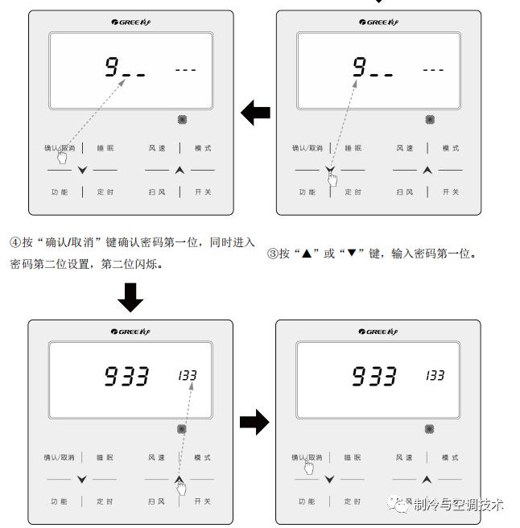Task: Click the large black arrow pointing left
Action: [x=255, y=114]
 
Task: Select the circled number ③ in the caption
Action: [x=272, y=254]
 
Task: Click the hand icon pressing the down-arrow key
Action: [x=332, y=177]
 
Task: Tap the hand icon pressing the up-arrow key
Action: [x=181, y=487]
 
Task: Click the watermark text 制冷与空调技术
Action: [x=457, y=505]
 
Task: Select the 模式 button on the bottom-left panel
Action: [x=202, y=457]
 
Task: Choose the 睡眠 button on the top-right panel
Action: [x=353, y=148]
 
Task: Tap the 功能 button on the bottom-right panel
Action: [x=307, y=501]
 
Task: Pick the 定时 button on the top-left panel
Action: [x=105, y=192]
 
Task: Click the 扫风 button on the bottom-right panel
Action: [x=404, y=501]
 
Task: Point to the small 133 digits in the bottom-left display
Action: [x=188, y=375]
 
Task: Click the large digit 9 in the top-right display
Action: [x=359, y=68]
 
